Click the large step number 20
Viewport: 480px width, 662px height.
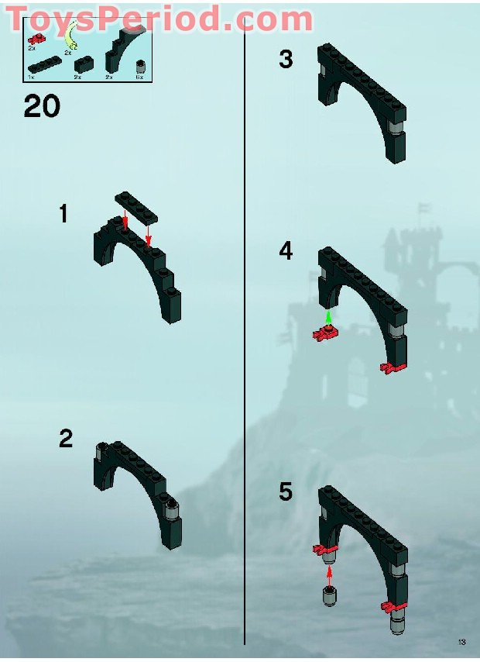(42, 105)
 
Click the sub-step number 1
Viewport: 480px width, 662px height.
(65, 214)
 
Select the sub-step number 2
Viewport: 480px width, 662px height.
(66, 440)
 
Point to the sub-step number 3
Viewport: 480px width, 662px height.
(286, 59)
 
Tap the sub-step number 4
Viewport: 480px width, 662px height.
(286, 251)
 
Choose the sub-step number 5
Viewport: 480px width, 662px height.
(286, 491)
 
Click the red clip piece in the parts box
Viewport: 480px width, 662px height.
(34, 38)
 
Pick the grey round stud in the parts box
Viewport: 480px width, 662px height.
(140, 65)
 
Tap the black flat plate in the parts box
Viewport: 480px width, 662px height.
(43, 65)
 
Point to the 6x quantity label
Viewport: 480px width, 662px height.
(139, 78)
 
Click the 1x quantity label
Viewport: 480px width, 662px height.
(31, 78)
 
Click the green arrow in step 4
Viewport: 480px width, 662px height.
(329, 317)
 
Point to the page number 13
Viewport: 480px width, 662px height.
(461, 642)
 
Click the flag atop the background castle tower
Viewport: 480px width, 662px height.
(423, 209)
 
